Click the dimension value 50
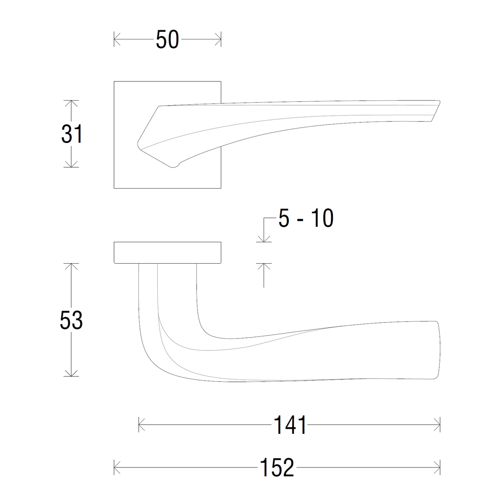click(167, 39)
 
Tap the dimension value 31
click(72, 134)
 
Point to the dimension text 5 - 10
click(306, 218)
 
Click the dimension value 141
click(290, 425)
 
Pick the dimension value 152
click(277, 467)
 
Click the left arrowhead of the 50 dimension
click(117, 39)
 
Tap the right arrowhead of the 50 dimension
click(218, 39)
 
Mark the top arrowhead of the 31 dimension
click(71, 104)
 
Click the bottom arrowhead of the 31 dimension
click(71, 164)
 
